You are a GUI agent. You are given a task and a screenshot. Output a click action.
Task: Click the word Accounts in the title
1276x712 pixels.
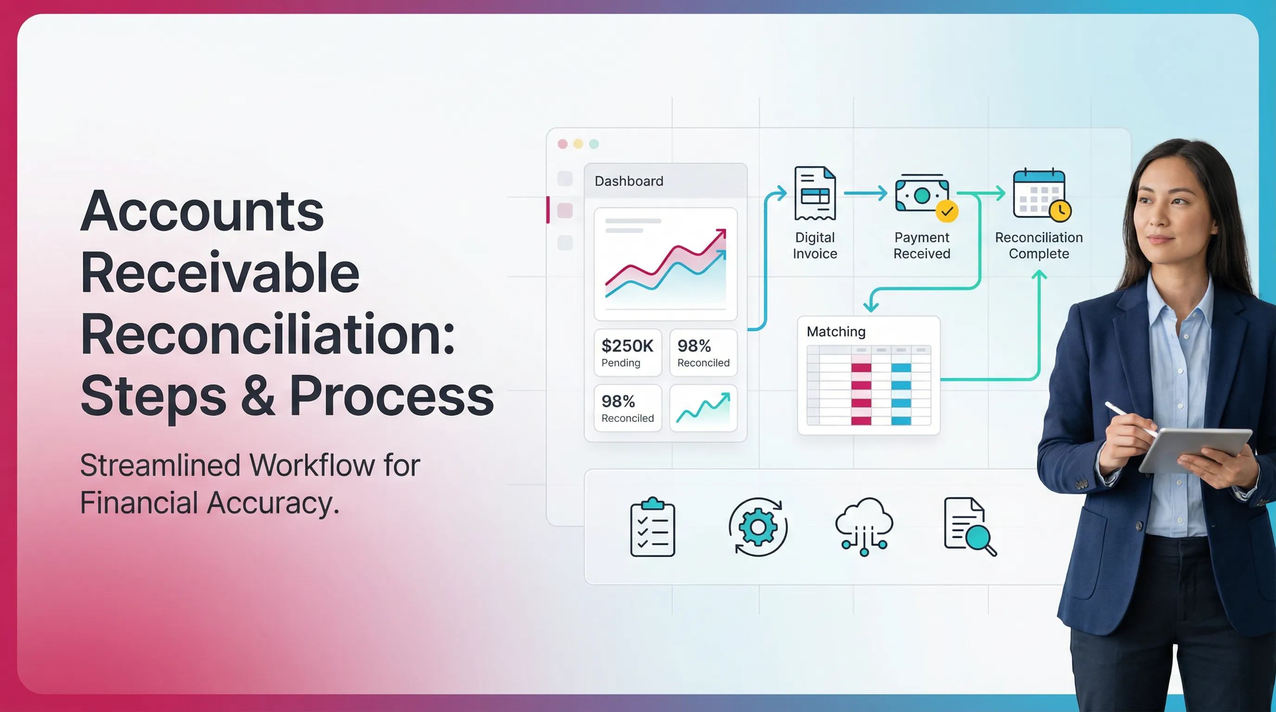pos(202,211)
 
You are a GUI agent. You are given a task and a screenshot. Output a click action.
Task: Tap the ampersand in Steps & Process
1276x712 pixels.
pos(258,397)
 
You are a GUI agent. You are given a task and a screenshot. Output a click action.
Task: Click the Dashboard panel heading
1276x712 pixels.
pos(629,181)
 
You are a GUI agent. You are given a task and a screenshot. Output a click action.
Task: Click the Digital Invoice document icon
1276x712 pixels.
pos(815,193)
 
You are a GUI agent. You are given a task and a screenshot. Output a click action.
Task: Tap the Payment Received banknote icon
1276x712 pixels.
pos(921,195)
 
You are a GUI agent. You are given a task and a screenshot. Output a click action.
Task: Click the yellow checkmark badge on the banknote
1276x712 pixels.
pos(947,211)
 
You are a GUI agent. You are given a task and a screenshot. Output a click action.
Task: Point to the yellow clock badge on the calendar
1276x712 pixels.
pos(1060,211)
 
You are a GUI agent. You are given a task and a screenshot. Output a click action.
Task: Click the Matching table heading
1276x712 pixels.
pos(836,332)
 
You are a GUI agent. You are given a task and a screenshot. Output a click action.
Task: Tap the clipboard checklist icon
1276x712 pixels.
pos(652,528)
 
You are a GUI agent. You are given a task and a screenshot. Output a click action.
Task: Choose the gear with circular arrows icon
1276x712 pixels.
pos(758,528)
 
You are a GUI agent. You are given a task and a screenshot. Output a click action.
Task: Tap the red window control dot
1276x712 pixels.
pos(562,144)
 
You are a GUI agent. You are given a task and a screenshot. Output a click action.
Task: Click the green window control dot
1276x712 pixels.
pos(594,144)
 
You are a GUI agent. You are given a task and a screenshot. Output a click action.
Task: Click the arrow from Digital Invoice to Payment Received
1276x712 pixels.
pos(865,193)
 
